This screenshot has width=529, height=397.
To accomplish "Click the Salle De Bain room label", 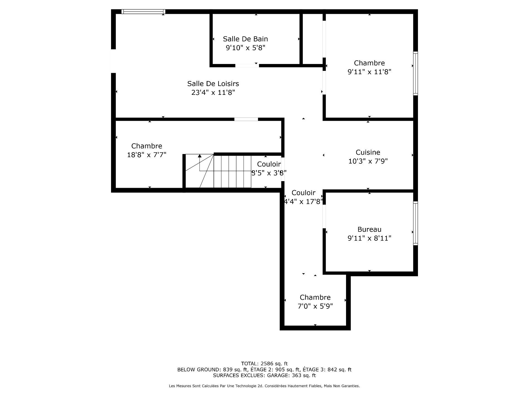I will [x=245, y=39].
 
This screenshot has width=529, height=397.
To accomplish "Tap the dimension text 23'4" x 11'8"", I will [x=213, y=92].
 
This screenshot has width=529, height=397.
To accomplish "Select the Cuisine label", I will [x=368, y=152].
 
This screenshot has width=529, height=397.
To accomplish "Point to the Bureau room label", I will [x=369, y=229].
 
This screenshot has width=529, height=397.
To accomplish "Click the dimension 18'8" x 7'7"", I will [x=147, y=155].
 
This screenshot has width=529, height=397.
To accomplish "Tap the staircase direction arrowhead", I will [x=199, y=156].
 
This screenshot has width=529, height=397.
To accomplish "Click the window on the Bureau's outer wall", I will [x=415, y=223].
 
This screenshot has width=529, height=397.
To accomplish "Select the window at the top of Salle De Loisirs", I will [x=143, y=12].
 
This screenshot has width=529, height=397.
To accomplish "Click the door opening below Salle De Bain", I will [x=247, y=66].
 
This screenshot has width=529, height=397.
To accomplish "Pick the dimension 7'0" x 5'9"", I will [x=315, y=306].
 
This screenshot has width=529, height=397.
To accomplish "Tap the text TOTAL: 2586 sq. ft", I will [x=264, y=363].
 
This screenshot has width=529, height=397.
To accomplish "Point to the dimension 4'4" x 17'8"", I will [x=303, y=202].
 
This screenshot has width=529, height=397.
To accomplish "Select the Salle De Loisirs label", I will [x=213, y=84].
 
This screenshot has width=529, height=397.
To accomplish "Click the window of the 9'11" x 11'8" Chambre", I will [x=415, y=73].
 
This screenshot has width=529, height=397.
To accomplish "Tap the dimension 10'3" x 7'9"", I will [x=368, y=161].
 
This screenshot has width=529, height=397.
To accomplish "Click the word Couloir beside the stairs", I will [x=269, y=164].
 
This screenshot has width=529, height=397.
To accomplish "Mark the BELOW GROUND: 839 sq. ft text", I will [x=213, y=369].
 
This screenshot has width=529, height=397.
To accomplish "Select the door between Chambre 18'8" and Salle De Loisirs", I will [x=246, y=119].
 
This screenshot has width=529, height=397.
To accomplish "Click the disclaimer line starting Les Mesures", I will [x=264, y=386].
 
